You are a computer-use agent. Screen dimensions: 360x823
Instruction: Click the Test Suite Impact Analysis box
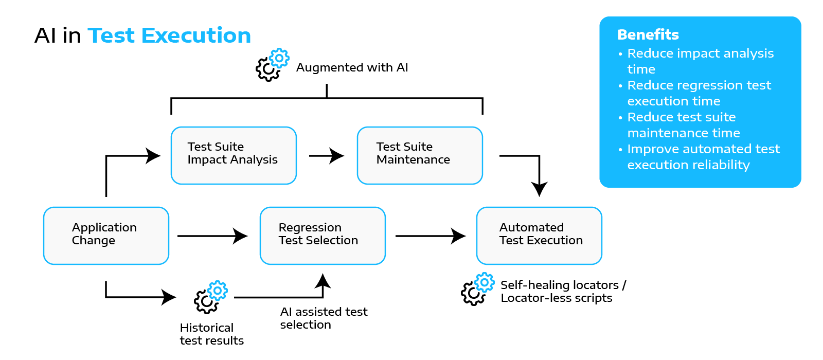[x=234, y=155]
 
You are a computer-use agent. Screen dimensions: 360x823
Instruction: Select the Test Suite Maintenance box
[x=420, y=155]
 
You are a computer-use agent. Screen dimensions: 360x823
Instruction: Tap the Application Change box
[x=106, y=236]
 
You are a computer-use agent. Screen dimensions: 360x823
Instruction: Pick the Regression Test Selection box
[x=323, y=236]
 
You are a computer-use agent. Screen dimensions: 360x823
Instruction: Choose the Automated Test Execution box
[x=539, y=236]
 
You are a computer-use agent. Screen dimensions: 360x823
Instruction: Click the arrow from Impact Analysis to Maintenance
[x=327, y=155]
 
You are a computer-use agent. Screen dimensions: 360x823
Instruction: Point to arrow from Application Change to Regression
[x=213, y=236]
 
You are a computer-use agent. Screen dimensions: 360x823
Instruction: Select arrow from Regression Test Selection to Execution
[x=431, y=236]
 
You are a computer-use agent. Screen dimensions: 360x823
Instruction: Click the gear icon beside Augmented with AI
[x=272, y=65]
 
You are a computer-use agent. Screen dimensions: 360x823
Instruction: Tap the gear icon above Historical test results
[x=210, y=297]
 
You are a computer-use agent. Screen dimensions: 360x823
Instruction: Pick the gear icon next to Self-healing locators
[x=477, y=290]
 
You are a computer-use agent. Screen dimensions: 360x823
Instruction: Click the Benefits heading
[x=648, y=34]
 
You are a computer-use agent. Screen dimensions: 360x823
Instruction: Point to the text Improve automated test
[x=703, y=149]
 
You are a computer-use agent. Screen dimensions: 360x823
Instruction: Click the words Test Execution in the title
[x=169, y=35]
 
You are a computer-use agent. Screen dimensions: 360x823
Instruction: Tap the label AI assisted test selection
[x=324, y=318]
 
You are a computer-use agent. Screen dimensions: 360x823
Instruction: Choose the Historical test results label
[x=211, y=334]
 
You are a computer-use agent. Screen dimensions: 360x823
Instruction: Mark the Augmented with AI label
[x=352, y=67]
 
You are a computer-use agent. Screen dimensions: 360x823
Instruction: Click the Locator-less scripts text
[x=556, y=298]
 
